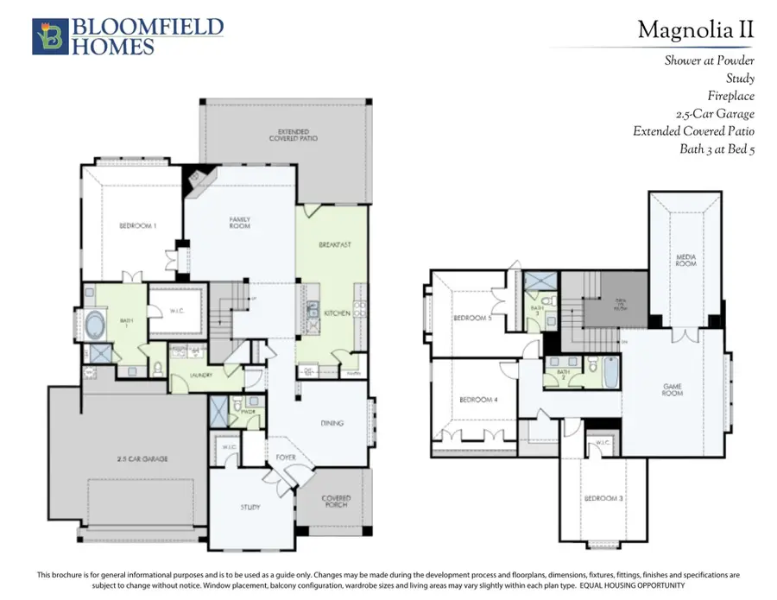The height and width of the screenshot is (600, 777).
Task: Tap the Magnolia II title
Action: [695, 31]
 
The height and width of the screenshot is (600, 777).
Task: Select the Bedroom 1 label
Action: [138, 226]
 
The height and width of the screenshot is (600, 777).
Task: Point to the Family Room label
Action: [240, 224]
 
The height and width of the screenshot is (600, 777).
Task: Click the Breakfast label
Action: [335, 244]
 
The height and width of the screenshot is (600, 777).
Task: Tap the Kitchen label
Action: [338, 313]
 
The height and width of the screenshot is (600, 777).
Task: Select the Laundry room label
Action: [204, 375]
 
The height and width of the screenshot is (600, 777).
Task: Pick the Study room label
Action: [250, 507]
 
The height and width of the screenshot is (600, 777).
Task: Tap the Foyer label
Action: [286, 458]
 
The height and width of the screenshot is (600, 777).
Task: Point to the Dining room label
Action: [332, 423]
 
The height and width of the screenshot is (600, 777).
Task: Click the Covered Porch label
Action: [336, 502]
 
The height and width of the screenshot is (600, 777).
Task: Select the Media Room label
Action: [686, 260]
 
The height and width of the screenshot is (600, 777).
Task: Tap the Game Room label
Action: [673, 389]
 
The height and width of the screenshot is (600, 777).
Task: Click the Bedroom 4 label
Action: [477, 400]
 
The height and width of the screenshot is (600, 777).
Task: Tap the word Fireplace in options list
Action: [730, 96]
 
